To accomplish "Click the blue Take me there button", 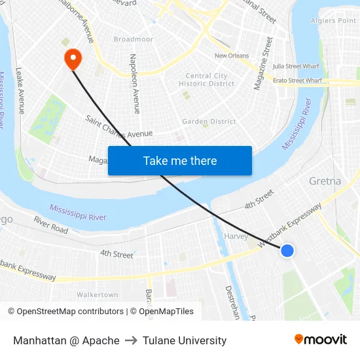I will coord(180,160).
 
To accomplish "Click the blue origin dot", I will coord(287,250).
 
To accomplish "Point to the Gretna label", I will coord(325,181).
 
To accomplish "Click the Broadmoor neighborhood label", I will coord(133,39).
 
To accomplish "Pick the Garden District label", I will coord(209,122).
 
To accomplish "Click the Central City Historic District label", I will coord(206,80).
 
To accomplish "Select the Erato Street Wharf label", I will coord(297,81).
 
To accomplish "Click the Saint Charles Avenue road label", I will coord(119,126).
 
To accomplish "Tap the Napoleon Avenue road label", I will coord(135,84).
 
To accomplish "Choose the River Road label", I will coord(51,225).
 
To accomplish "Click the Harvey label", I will coord(236,236).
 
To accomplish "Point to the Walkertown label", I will coord(98,295).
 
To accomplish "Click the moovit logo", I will coord(321,340).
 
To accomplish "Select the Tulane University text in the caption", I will coord(185,340).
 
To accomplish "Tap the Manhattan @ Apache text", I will coord(66,340).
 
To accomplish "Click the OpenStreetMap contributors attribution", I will coord(63,312).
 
